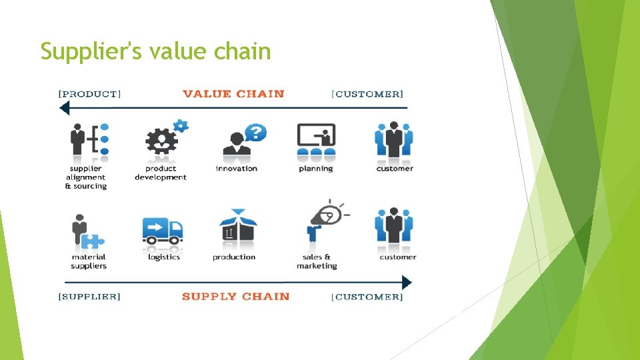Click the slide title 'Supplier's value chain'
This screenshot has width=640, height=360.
(155, 51)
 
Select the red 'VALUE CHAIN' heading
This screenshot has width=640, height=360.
(233, 93)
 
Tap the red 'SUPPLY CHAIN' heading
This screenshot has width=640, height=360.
(235, 296)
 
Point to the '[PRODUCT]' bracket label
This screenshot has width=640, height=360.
(90, 93)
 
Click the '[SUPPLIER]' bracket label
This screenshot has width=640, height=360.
(89, 296)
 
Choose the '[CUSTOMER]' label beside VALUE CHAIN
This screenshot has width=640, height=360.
(367, 93)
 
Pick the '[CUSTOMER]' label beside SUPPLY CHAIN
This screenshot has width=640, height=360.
(367, 296)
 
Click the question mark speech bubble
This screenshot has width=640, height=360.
(255, 132)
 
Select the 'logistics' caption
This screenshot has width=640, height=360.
(163, 257)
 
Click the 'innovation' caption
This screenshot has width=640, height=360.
(236, 169)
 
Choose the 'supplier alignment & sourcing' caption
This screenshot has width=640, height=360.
(85, 177)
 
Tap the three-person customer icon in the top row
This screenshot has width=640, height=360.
(394, 140)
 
